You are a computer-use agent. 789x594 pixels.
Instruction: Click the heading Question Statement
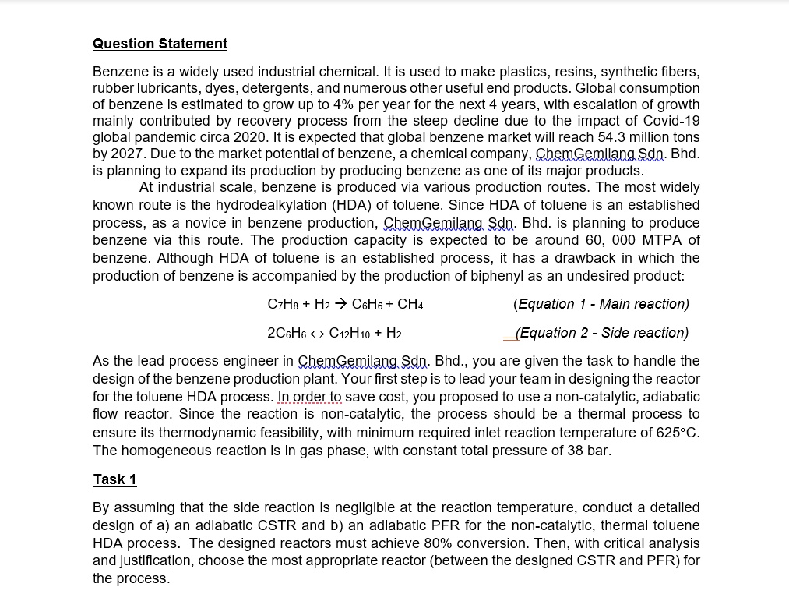[x=160, y=44]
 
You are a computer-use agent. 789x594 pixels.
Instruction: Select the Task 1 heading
[x=114, y=479]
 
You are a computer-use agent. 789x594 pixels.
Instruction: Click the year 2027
[x=126, y=154]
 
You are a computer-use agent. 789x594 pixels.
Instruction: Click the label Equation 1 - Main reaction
[x=601, y=304]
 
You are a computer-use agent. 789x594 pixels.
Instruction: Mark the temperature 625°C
[x=675, y=433]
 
